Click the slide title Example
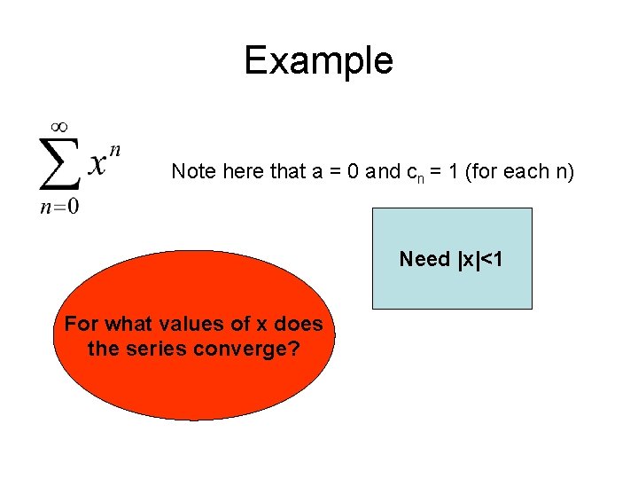coord(318,61)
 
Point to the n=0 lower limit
coord(58,208)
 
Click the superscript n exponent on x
coord(115,150)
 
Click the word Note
coord(192,171)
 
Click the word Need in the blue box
coord(424,259)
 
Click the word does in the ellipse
coord(298,325)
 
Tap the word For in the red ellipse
coord(81,325)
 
